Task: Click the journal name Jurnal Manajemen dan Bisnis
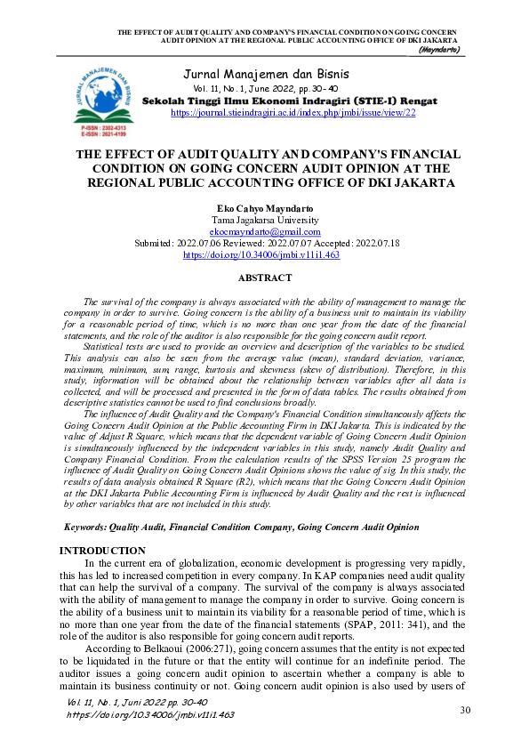[265, 73]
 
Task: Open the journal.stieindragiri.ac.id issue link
[293, 113]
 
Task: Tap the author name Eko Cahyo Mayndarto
[265, 207]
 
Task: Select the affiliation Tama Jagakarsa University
[265, 219]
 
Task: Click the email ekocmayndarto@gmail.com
[265, 230]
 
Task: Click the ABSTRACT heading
[265, 278]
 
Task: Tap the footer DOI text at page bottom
[150, 714]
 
